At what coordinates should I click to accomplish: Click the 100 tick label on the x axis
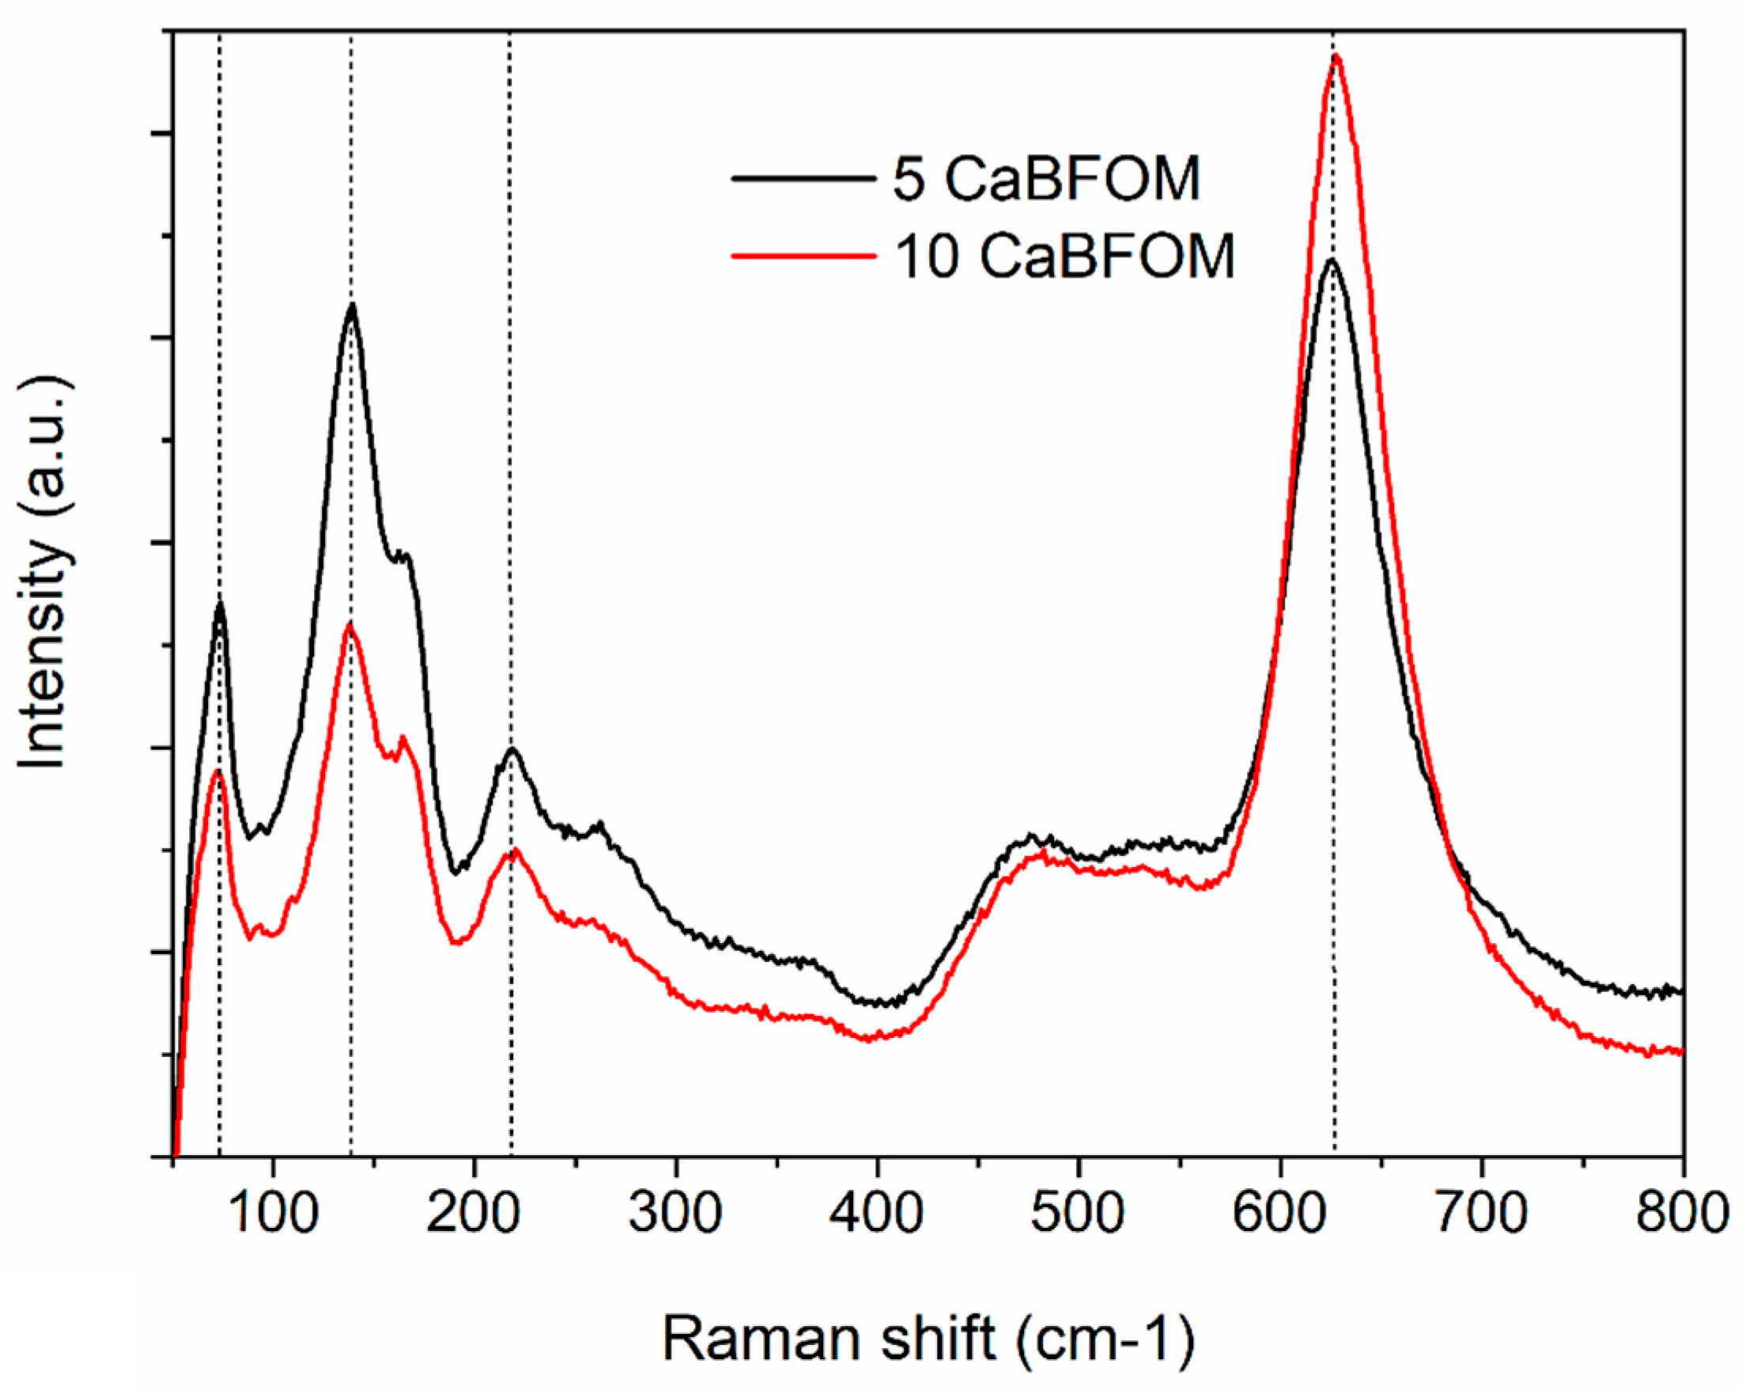click(273, 1214)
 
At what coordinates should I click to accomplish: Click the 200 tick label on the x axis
click(474, 1214)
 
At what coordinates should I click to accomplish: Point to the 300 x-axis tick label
click(675, 1214)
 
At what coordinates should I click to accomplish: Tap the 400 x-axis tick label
click(877, 1214)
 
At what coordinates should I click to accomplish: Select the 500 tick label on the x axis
click(1078, 1214)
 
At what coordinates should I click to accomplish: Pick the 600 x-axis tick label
click(1280, 1214)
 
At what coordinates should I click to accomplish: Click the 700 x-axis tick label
click(1481, 1214)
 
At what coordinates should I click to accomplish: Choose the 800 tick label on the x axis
click(1680, 1214)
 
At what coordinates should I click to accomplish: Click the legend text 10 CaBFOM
click(1065, 256)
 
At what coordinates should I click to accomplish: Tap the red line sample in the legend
click(804, 256)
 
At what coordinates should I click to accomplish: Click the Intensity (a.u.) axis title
click(44, 574)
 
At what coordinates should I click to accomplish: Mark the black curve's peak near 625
click(1331, 260)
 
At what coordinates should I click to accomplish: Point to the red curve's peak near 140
click(349, 625)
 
